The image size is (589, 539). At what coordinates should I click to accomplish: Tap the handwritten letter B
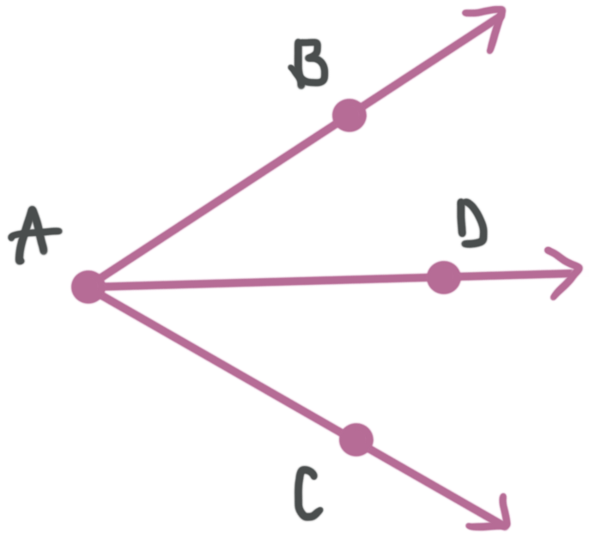(309, 69)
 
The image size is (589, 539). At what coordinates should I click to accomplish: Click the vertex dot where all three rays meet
(88, 287)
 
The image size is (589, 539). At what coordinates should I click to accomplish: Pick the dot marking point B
(349, 115)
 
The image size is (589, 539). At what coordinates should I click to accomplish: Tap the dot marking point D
(443, 277)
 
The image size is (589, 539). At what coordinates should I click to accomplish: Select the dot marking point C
(356, 439)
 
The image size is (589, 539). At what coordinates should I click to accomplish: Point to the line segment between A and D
(265, 282)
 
